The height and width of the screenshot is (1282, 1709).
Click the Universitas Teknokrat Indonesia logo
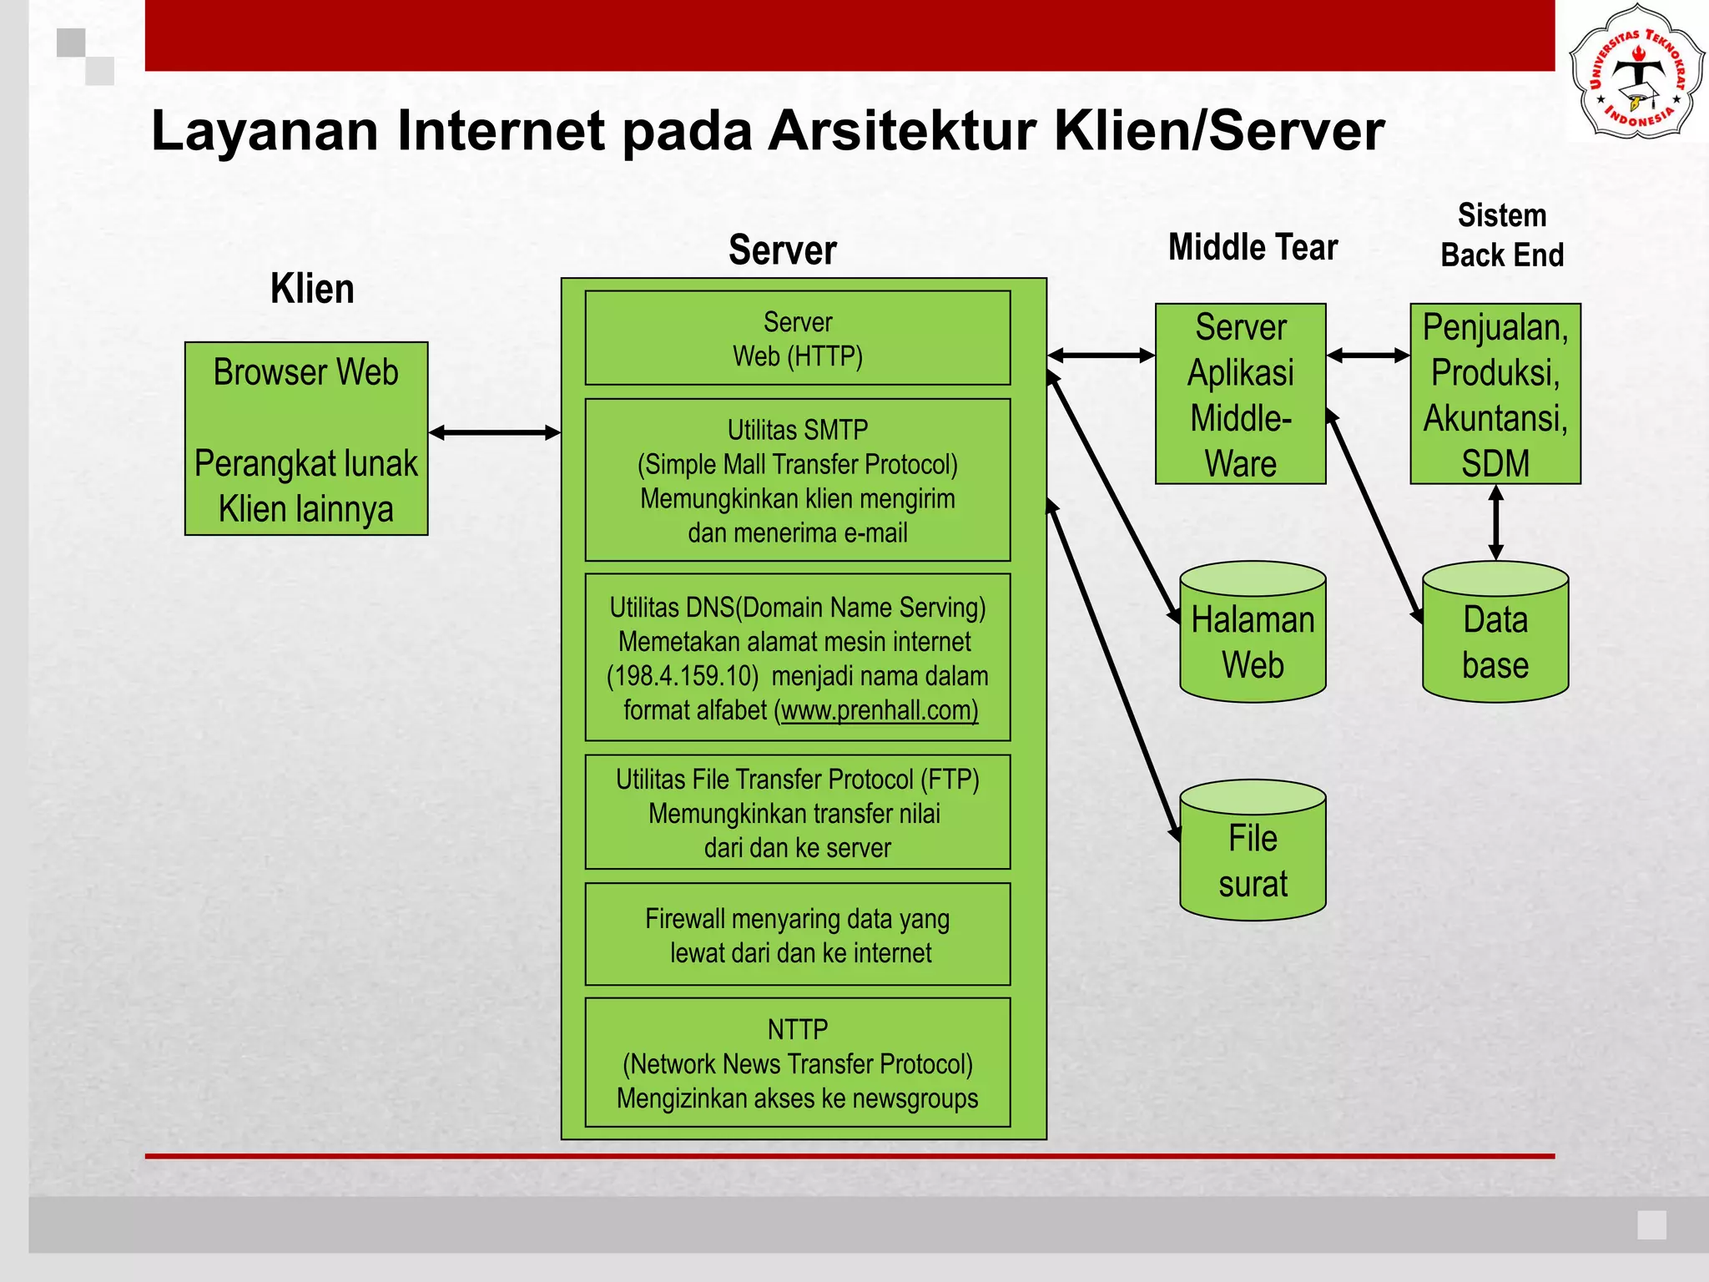click(1636, 71)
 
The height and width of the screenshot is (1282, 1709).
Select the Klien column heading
click(312, 289)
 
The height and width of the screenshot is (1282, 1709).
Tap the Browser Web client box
click(306, 438)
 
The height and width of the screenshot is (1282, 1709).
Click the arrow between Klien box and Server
click(494, 432)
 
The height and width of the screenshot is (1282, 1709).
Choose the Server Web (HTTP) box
click(798, 339)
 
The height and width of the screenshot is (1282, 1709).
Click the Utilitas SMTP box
click(798, 480)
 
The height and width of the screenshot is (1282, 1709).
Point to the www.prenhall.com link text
click(879, 710)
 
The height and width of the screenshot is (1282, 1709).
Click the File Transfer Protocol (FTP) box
click(798, 812)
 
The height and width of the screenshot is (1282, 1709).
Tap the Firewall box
click(798, 935)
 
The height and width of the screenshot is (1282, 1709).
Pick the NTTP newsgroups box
click(798, 1062)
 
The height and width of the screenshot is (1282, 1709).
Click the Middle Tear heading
click(1253, 247)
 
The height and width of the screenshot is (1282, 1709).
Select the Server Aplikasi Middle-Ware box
click(1240, 394)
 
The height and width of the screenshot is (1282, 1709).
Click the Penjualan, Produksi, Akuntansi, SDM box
click(1495, 394)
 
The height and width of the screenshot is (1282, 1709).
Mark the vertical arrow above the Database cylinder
click(1496, 522)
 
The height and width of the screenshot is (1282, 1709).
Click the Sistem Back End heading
click(1502, 235)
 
